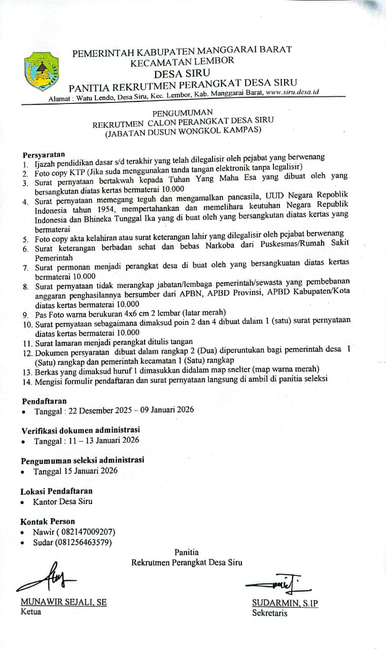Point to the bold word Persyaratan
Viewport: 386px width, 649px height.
(44, 154)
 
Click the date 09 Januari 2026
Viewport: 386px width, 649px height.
(170, 410)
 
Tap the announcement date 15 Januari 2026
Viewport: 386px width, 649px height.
(91, 471)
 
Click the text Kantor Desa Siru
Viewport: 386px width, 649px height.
(62, 501)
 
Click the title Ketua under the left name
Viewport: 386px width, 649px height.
(31, 611)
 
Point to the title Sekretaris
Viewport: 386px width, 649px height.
(270, 613)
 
